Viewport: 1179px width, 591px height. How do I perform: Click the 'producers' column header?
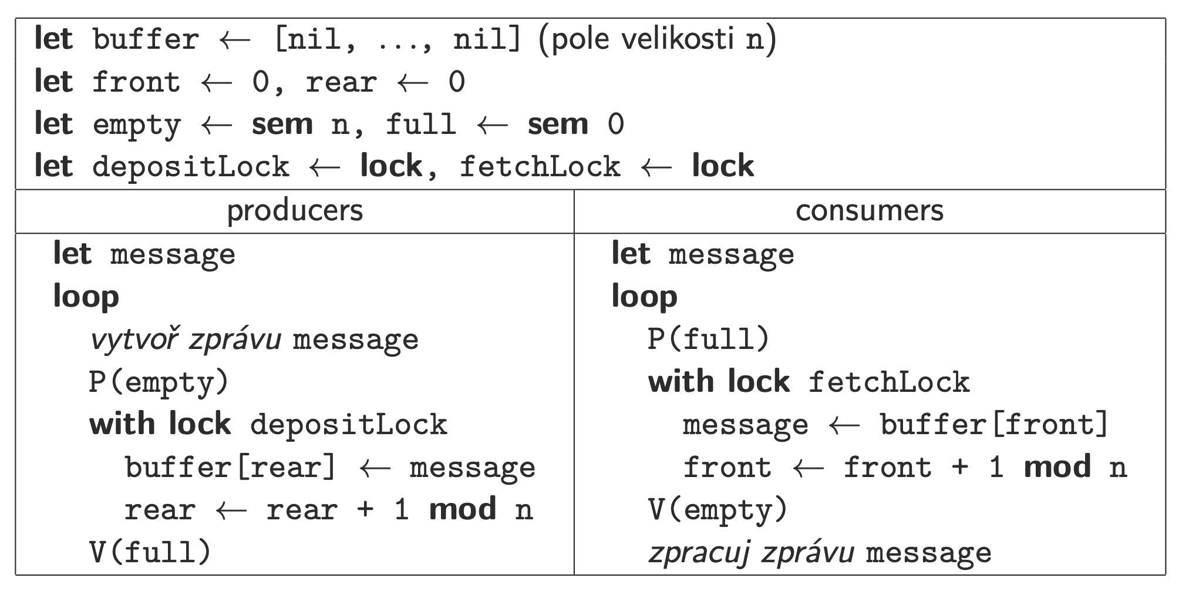295,211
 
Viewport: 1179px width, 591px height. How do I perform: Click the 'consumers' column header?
869,211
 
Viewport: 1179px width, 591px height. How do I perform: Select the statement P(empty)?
159,382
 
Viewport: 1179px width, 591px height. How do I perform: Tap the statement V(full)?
150,552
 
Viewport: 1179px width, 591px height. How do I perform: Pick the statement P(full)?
708,340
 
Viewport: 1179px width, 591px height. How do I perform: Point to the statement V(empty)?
717,510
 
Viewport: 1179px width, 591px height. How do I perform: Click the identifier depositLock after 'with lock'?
349,425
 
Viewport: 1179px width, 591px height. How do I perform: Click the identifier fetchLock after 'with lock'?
889,382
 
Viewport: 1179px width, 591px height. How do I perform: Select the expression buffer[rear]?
230,468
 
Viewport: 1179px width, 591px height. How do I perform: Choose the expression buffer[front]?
994,425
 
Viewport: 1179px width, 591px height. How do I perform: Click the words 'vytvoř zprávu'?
185,340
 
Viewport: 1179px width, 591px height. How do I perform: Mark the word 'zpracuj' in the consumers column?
698,553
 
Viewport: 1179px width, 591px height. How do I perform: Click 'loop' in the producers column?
86,297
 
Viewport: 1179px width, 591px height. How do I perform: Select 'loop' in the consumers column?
644,297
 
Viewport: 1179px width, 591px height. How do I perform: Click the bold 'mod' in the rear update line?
463,509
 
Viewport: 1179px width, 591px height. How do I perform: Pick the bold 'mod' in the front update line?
1057,467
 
